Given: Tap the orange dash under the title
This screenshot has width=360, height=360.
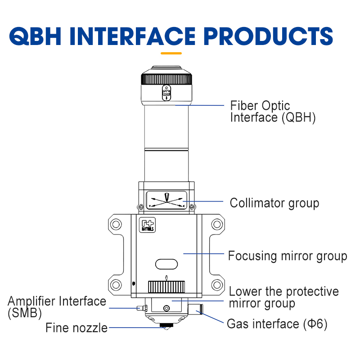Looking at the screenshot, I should [x=171, y=53].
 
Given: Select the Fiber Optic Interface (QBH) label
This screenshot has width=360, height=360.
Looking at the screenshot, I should [x=273, y=112].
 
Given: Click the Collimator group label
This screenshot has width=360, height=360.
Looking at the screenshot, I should [x=274, y=203].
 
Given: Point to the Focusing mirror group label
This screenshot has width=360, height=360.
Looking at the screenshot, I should [x=288, y=256].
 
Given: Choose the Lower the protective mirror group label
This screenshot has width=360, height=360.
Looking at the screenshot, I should [x=283, y=297].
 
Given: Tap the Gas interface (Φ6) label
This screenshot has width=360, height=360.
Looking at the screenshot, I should [x=277, y=324].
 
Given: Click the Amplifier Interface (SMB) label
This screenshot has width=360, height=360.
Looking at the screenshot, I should [x=57, y=306].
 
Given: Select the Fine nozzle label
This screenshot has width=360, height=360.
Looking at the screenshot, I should [x=76, y=328].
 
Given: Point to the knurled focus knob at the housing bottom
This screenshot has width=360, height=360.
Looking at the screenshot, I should [x=166, y=286].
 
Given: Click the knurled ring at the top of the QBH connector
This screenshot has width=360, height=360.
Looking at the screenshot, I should [x=166, y=79].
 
